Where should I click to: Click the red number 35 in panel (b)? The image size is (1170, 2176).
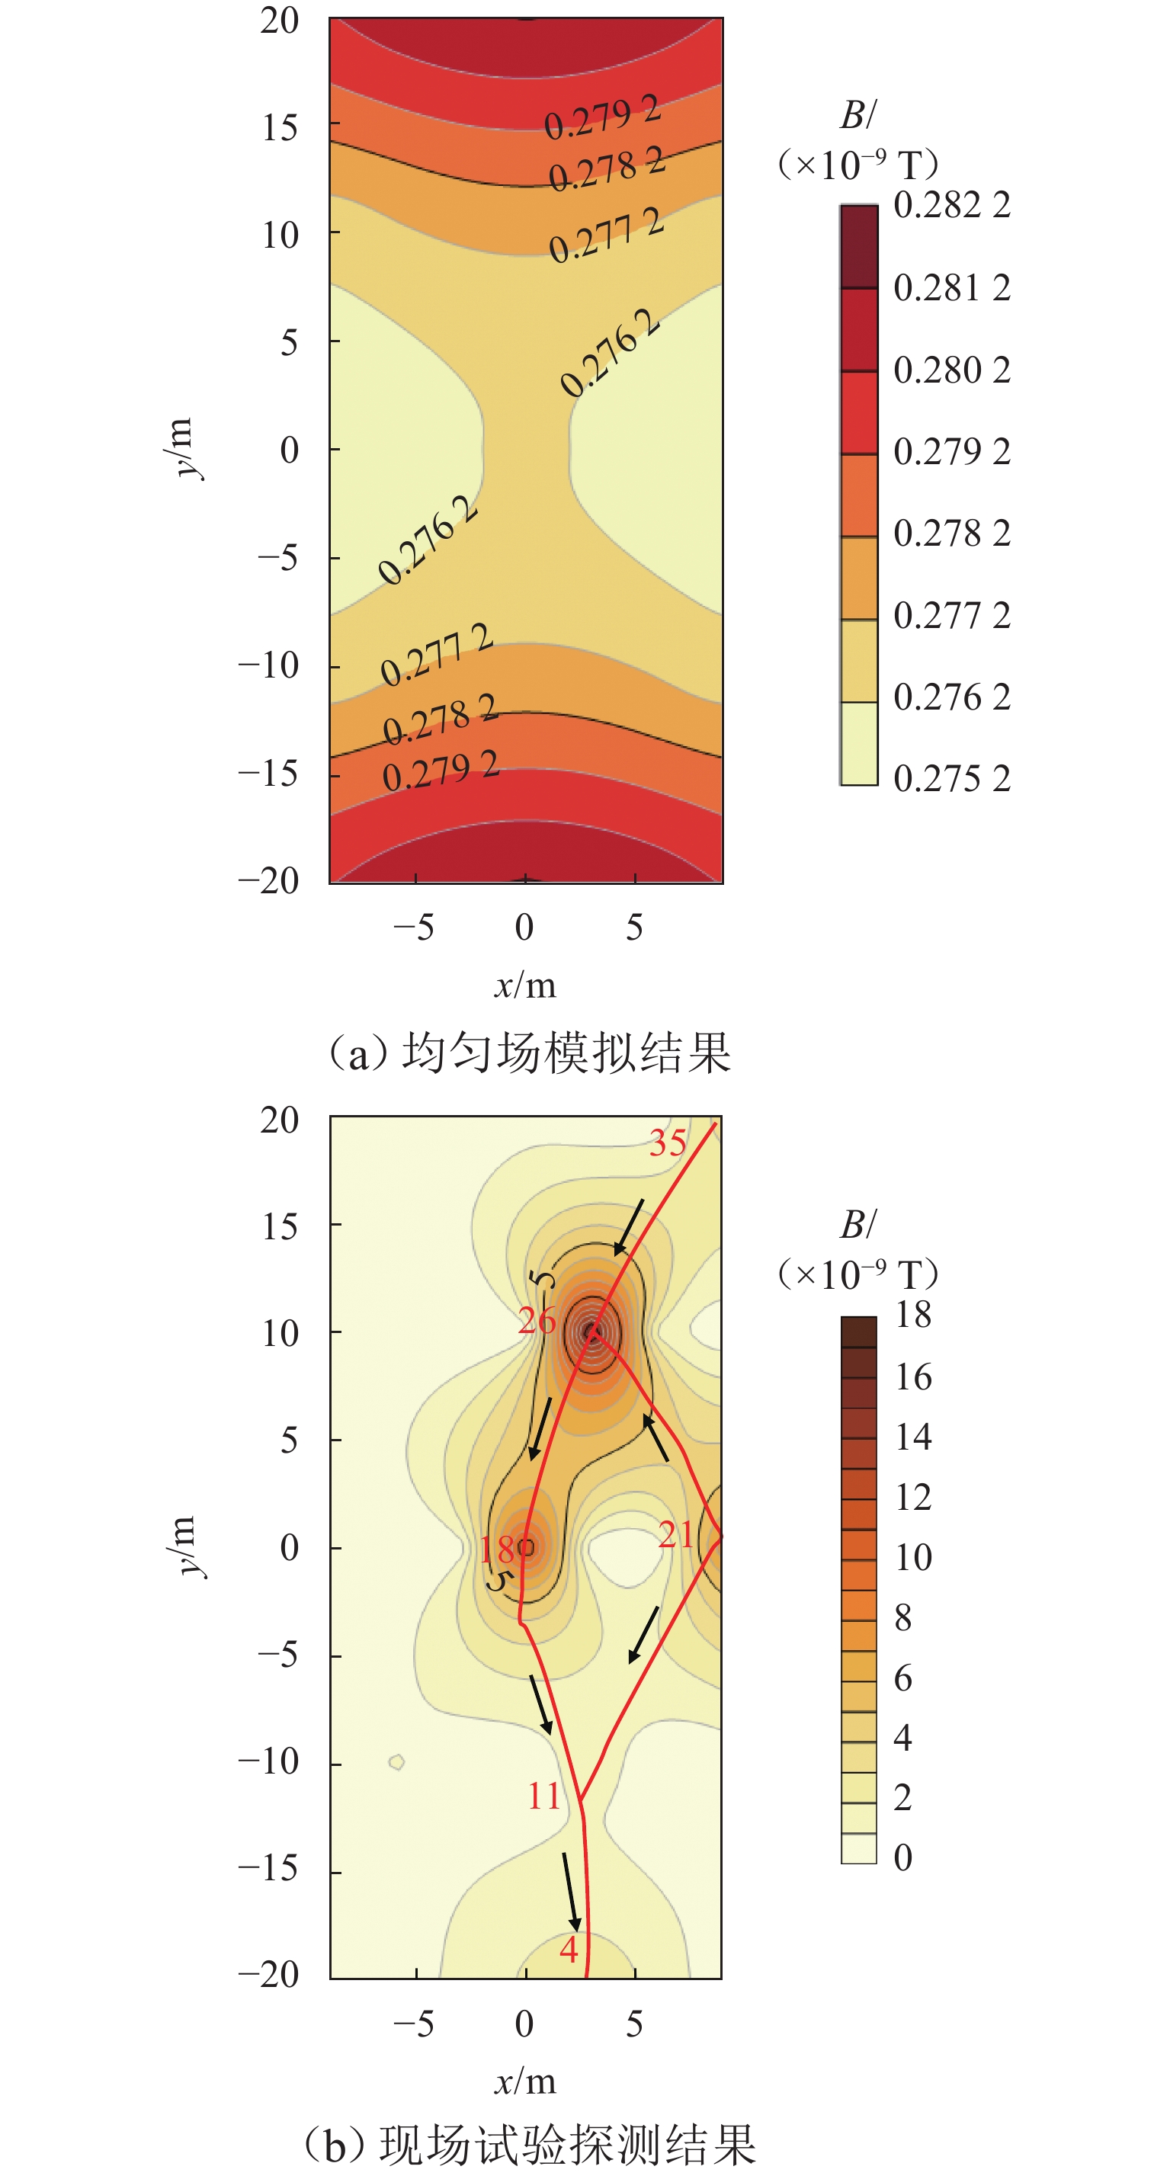pyautogui.click(x=668, y=1144)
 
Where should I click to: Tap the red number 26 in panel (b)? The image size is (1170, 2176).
pyautogui.click(x=537, y=1320)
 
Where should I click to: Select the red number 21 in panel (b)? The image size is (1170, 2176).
pyautogui.click(x=676, y=1535)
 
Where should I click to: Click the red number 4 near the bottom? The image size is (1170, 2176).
pyautogui.click(x=569, y=1949)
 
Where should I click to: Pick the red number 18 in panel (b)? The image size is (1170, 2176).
pyautogui.click(x=498, y=1549)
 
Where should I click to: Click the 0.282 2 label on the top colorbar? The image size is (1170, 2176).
pyautogui.click(x=951, y=205)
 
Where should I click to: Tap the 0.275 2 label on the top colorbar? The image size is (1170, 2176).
pyautogui.click(x=951, y=778)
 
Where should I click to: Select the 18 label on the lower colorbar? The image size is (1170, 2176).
pyautogui.click(x=912, y=1316)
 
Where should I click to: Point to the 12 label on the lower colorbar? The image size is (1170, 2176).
pyautogui.click(x=912, y=1497)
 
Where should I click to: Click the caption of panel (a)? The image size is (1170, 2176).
pyautogui.click(x=530, y=1053)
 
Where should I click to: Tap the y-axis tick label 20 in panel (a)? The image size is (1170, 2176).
pyautogui.click(x=279, y=21)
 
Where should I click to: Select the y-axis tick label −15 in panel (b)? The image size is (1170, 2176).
pyautogui.click(x=268, y=1869)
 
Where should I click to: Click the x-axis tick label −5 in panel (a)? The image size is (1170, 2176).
pyautogui.click(x=413, y=928)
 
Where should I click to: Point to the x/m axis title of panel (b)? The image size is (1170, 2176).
pyautogui.click(x=524, y=2081)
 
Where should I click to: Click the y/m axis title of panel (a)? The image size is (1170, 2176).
pyautogui.click(x=181, y=447)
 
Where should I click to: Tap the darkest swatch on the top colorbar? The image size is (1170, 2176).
pyautogui.click(x=858, y=247)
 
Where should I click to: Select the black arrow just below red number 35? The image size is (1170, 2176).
pyautogui.click(x=629, y=1226)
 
